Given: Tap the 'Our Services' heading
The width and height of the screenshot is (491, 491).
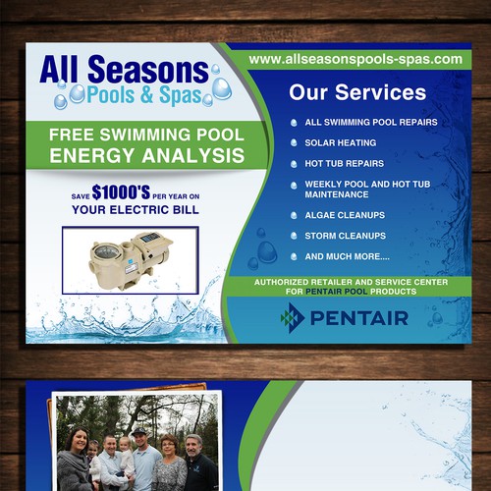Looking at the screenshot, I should coord(357,93).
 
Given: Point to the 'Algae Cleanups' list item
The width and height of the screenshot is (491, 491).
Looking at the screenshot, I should coord(345,215).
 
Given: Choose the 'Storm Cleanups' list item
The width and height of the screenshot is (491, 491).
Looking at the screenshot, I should coord(345,236).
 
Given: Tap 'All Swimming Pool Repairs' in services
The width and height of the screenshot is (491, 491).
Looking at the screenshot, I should coord(370,123).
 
